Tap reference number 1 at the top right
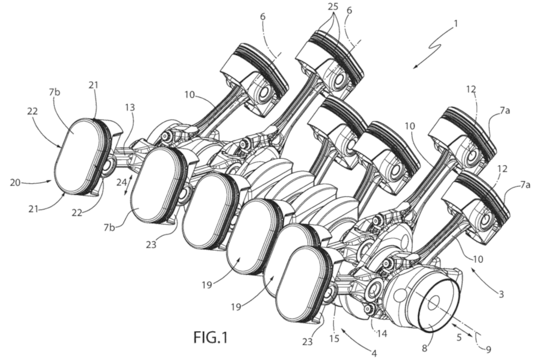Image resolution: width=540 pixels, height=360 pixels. coord(455,23)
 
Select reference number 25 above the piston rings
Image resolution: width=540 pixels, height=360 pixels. coord(333,6)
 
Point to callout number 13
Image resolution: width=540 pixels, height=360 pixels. coord(129,108)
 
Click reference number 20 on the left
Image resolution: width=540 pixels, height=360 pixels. coord(15,182)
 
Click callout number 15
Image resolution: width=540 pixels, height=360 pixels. coord(334,338)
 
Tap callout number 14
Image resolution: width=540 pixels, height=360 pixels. coord(382,333)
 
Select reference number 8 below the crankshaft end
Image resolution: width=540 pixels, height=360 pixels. coord(424,349)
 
